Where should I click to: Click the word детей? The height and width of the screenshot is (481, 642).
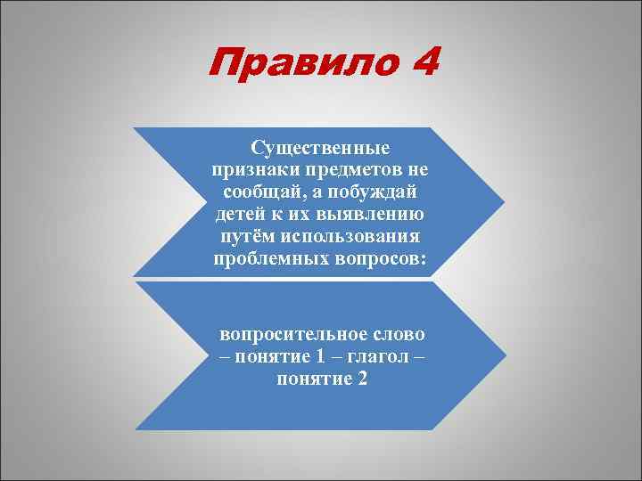(x=237, y=216)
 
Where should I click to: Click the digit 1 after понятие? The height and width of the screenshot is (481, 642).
(x=319, y=357)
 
